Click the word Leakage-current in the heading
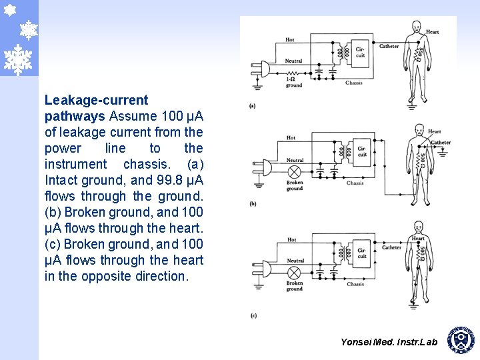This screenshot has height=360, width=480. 96,100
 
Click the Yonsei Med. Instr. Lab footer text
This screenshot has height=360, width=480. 389,342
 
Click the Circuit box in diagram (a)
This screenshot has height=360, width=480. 360,52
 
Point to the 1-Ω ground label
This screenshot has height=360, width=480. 293,82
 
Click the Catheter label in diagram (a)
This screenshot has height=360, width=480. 389,47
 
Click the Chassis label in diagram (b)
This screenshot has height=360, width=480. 355,183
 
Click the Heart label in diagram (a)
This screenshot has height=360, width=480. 433,32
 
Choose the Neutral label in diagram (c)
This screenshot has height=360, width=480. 295,261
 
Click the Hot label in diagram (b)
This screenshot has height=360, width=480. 291,138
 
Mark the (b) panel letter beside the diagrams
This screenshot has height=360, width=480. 253,204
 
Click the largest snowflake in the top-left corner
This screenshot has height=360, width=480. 19,59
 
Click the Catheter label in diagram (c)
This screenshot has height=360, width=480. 391,247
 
